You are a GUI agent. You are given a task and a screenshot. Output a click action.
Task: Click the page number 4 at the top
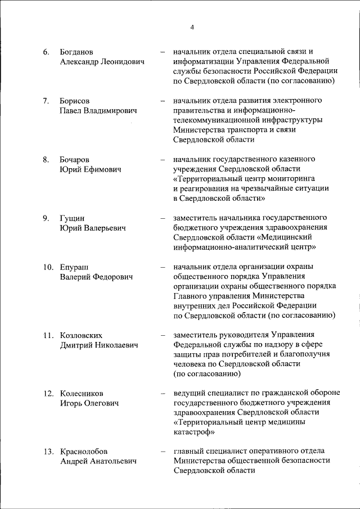coord(192,28)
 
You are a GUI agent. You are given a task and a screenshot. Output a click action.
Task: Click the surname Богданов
coord(76,52)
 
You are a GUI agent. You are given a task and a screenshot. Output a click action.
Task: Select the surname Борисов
coord(74,101)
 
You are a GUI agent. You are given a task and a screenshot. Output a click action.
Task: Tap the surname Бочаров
coord(75,159)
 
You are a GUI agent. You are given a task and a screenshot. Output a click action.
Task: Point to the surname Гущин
coord(71,218)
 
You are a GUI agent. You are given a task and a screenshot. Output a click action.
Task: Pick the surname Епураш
coord(74,266)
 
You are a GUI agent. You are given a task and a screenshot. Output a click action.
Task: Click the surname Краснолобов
coord(84,451)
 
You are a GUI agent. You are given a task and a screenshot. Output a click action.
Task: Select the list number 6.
coord(46,52)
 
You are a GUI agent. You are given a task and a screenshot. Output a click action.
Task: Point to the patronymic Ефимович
coord(107,169)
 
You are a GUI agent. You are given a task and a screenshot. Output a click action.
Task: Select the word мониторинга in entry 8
coord(303,179)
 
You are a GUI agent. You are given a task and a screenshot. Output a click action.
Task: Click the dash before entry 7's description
coord(162,101)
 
